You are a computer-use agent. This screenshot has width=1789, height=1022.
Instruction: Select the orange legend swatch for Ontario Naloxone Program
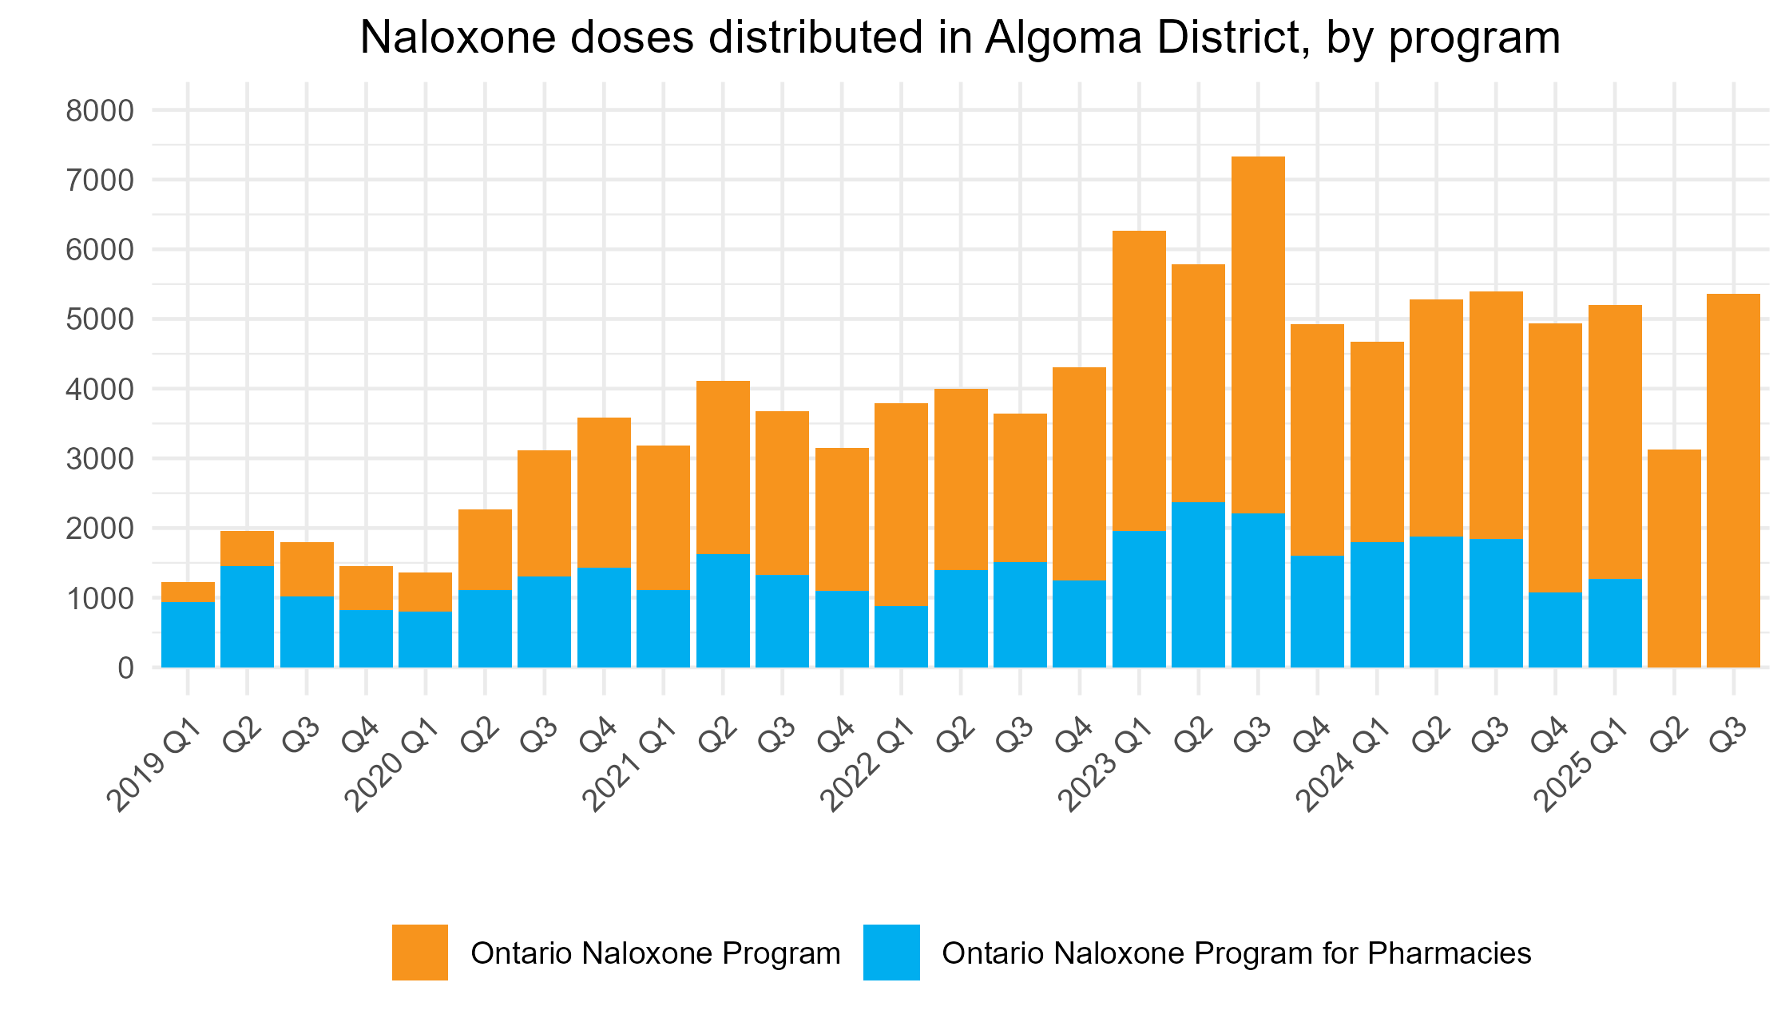point(419,952)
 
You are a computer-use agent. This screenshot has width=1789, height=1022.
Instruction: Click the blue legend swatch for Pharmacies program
point(891,952)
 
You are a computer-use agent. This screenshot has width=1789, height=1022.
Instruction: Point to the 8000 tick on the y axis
point(100,111)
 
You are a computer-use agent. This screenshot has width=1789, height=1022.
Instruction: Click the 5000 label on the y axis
point(100,319)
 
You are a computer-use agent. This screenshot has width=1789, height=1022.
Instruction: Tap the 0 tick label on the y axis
point(125,667)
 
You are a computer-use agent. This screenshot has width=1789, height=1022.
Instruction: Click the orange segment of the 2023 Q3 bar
point(1258,335)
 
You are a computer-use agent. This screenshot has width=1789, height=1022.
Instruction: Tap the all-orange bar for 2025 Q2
point(1674,559)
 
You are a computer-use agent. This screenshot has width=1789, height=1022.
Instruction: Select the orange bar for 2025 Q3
point(1733,479)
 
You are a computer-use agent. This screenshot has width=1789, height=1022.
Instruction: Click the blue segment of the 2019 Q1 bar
point(188,634)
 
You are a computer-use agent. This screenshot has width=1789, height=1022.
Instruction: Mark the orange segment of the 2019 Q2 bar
point(247,549)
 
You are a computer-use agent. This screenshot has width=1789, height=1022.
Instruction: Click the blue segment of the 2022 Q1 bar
point(901,636)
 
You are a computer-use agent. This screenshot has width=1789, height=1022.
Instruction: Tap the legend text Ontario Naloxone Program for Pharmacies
point(1236,953)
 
